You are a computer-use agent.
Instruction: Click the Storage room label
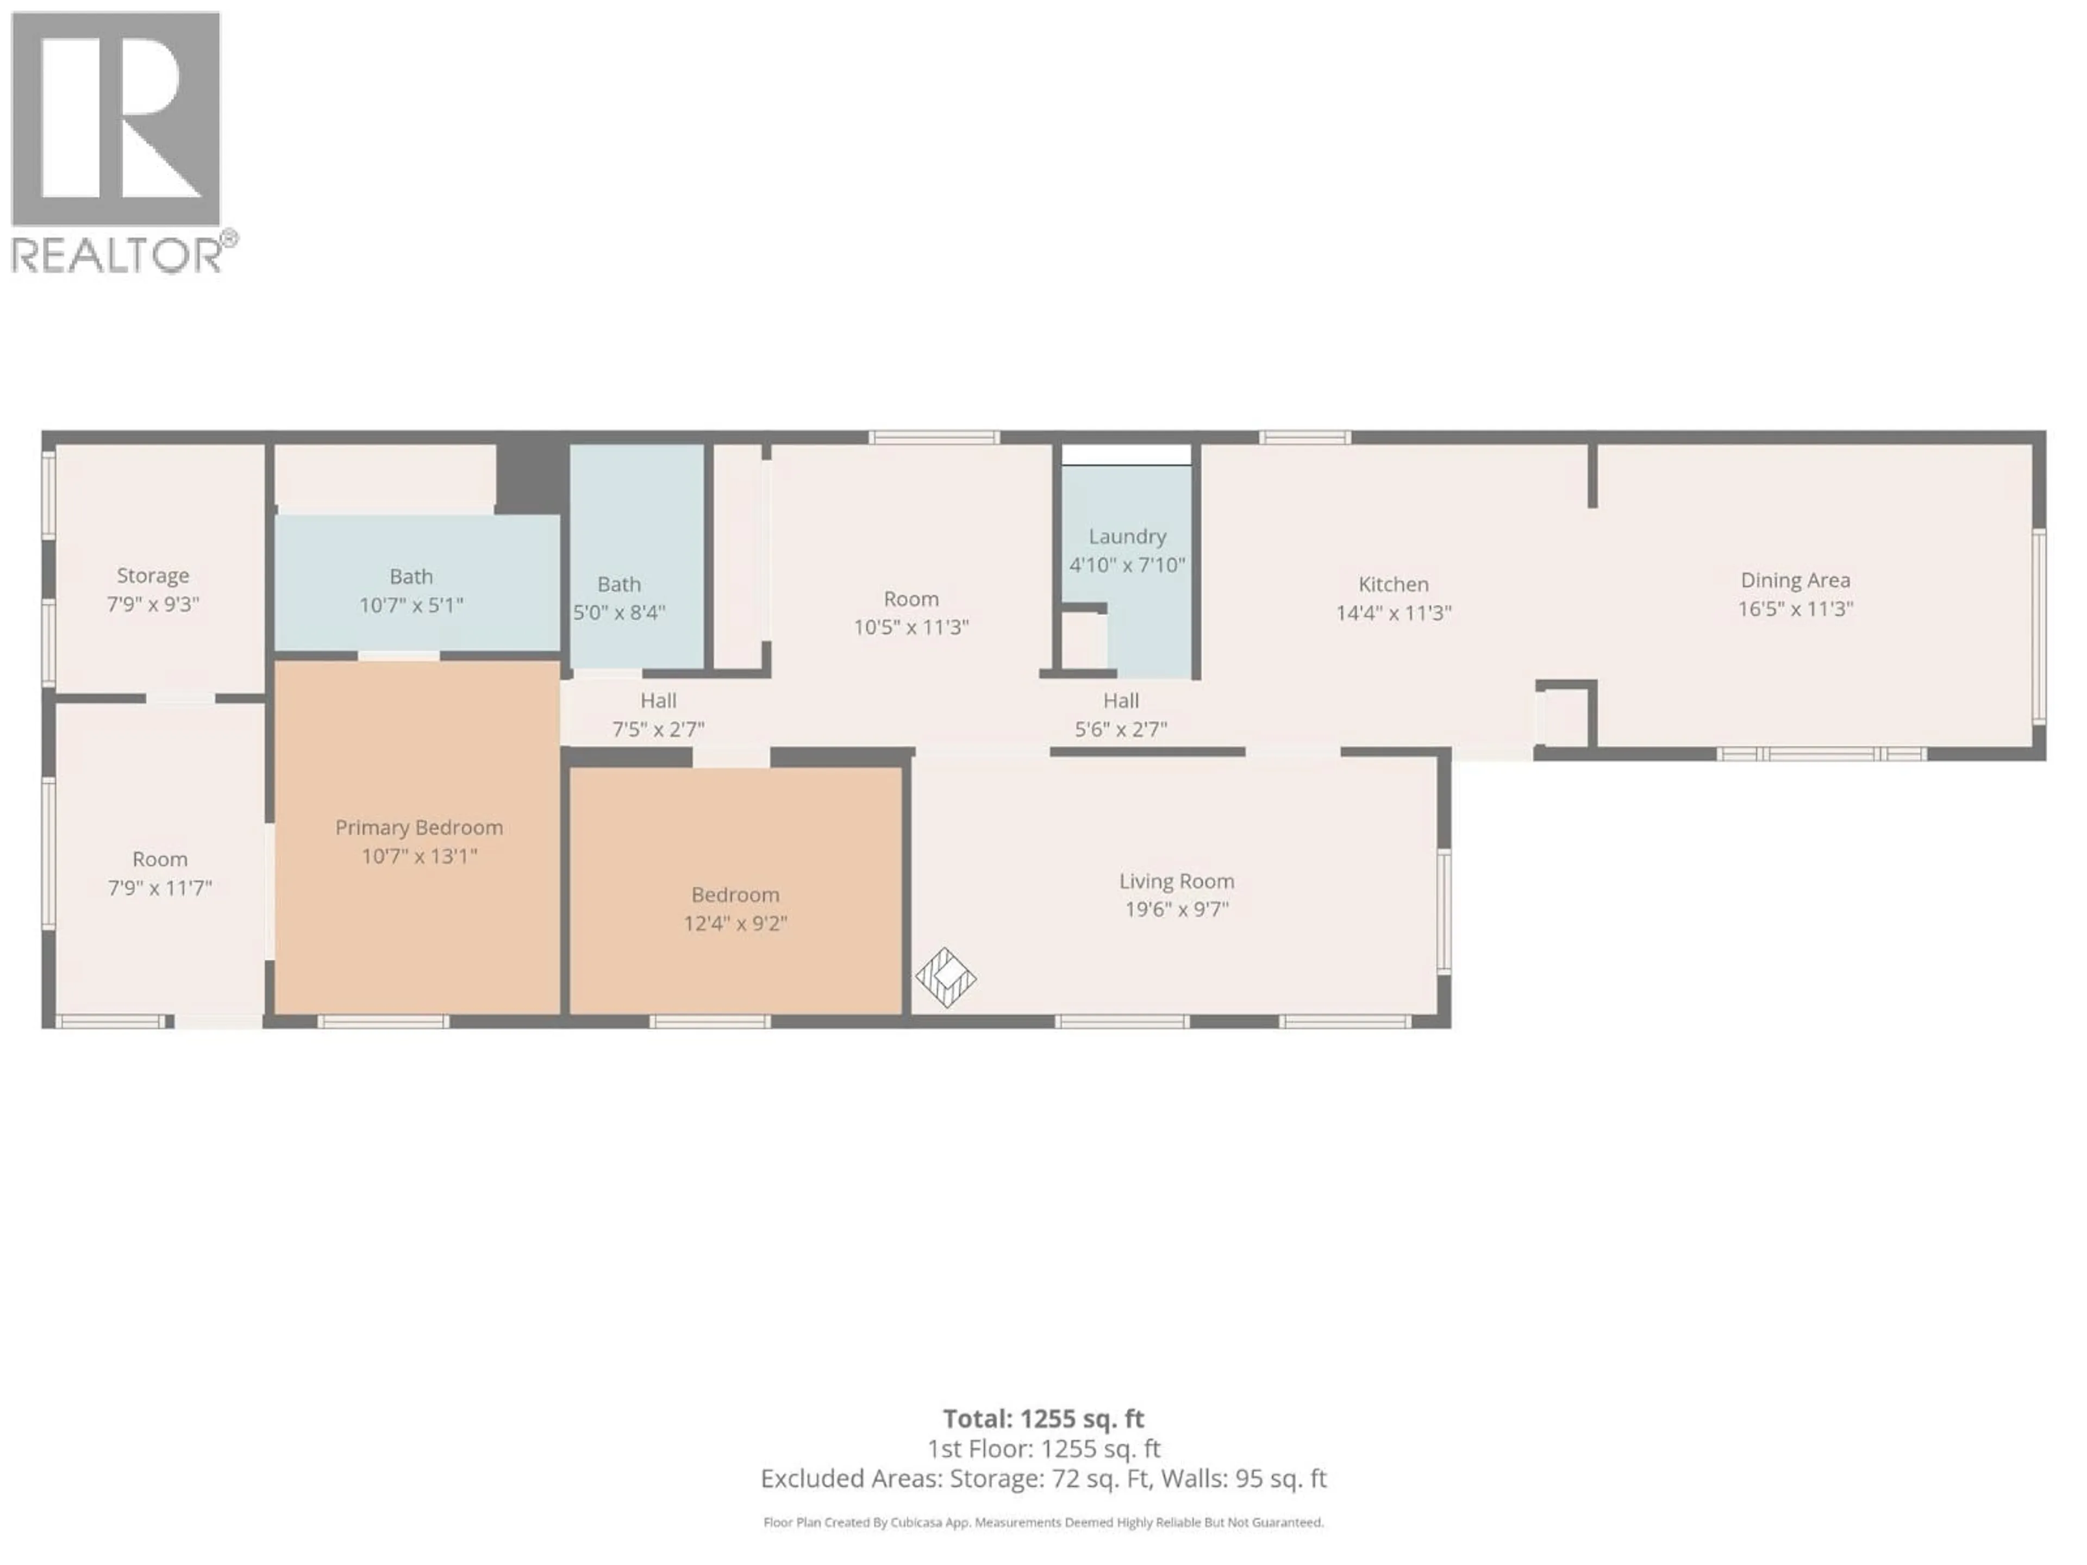pyautogui.click(x=153, y=575)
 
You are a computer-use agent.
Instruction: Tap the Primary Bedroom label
pyautogui.click(x=419, y=827)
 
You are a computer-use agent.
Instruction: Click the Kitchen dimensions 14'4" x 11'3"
pyautogui.click(x=1394, y=613)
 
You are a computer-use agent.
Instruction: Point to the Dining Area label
pyautogui.click(x=1796, y=580)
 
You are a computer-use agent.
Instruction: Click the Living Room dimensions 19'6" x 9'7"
pyautogui.click(x=1177, y=909)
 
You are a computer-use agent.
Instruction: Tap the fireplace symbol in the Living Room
pyautogui.click(x=945, y=977)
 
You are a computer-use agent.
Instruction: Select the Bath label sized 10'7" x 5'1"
pyautogui.click(x=411, y=577)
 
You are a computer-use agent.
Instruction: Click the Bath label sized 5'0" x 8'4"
pyautogui.click(x=619, y=585)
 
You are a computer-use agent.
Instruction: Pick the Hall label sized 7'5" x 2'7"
pyautogui.click(x=659, y=701)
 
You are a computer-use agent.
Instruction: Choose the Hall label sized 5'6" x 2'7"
pyautogui.click(x=1121, y=701)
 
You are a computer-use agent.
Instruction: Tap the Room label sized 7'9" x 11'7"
pyautogui.click(x=159, y=859)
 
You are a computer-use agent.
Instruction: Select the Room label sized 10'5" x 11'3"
pyautogui.click(x=911, y=599)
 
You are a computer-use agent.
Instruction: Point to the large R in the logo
pyautogui.click(x=116, y=118)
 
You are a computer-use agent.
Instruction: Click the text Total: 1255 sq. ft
pyautogui.click(x=1043, y=1419)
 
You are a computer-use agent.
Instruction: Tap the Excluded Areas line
pyautogui.click(x=1043, y=1478)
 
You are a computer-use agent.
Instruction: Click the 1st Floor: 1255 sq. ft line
pyautogui.click(x=1043, y=1449)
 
